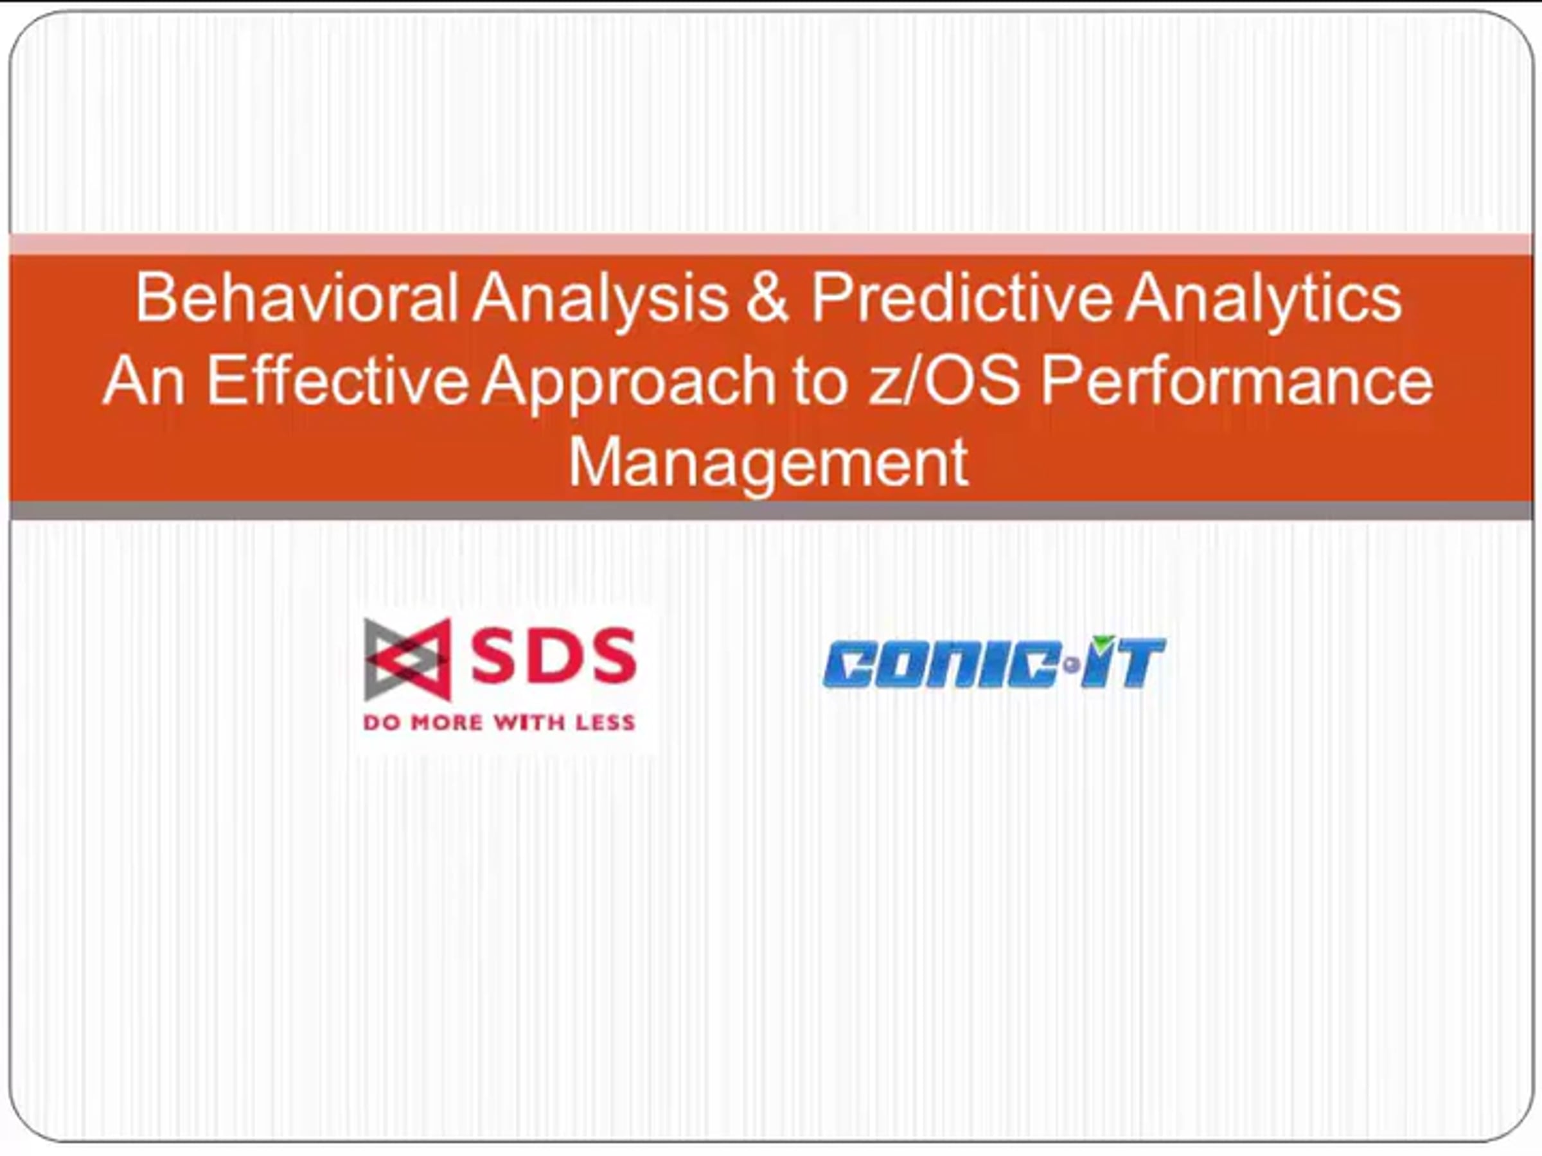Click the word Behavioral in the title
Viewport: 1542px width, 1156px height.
pyautogui.click(x=297, y=297)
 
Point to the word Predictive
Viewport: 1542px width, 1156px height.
pyautogui.click(x=961, y=297)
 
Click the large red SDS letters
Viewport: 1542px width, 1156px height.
pyautogui.click(x=553, y=654)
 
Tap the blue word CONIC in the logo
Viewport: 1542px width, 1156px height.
pyautogui.click(x=942, y=664)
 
